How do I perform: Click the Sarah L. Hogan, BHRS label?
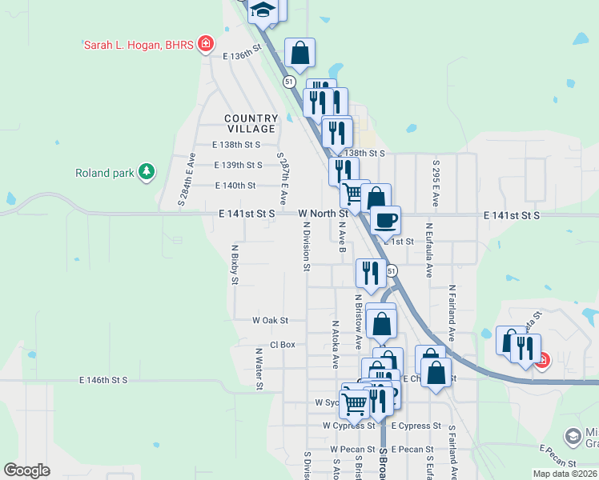pyautogui.click(x=139, y=45)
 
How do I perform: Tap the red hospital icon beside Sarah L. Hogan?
pyautogui.click(x=206, y=44)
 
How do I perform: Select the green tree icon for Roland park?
pyautogui.click(x=146, y=172)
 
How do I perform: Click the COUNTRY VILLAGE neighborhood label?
pyautogui.click(x=251, y=123)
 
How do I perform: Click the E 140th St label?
pyautogui.click(x=235, y=186)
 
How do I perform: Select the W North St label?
pyautogui.click(x=323, y=214)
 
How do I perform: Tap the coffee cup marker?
pyautogui.click(x=385, y=220)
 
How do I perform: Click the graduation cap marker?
pyautogui.click(x=262, y=10)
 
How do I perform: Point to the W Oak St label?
pyautogui.click(x=270, y=320)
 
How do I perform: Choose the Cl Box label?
pyautogui.click(x=283, y=345)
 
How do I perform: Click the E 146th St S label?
pyautogui.click(x=104, y=380)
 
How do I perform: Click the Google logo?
pyautogui.click(x=27, y=470)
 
